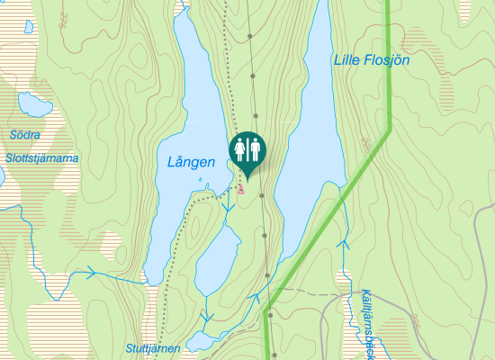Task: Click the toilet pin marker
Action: [247, 150]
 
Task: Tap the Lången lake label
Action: [191, 163]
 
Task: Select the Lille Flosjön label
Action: [371, 60]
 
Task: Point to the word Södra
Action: [25, 135]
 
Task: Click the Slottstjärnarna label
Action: [40, 157]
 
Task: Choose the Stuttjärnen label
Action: [153, 347]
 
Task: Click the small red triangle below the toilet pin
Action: [241, 189]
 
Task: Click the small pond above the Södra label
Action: [34, 107]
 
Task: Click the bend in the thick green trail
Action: [389, 131]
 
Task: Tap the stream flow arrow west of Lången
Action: [90, 273]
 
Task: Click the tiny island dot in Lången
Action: [200, 178]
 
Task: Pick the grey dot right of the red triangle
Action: [261, 194]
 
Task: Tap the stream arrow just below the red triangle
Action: [224, 208]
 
